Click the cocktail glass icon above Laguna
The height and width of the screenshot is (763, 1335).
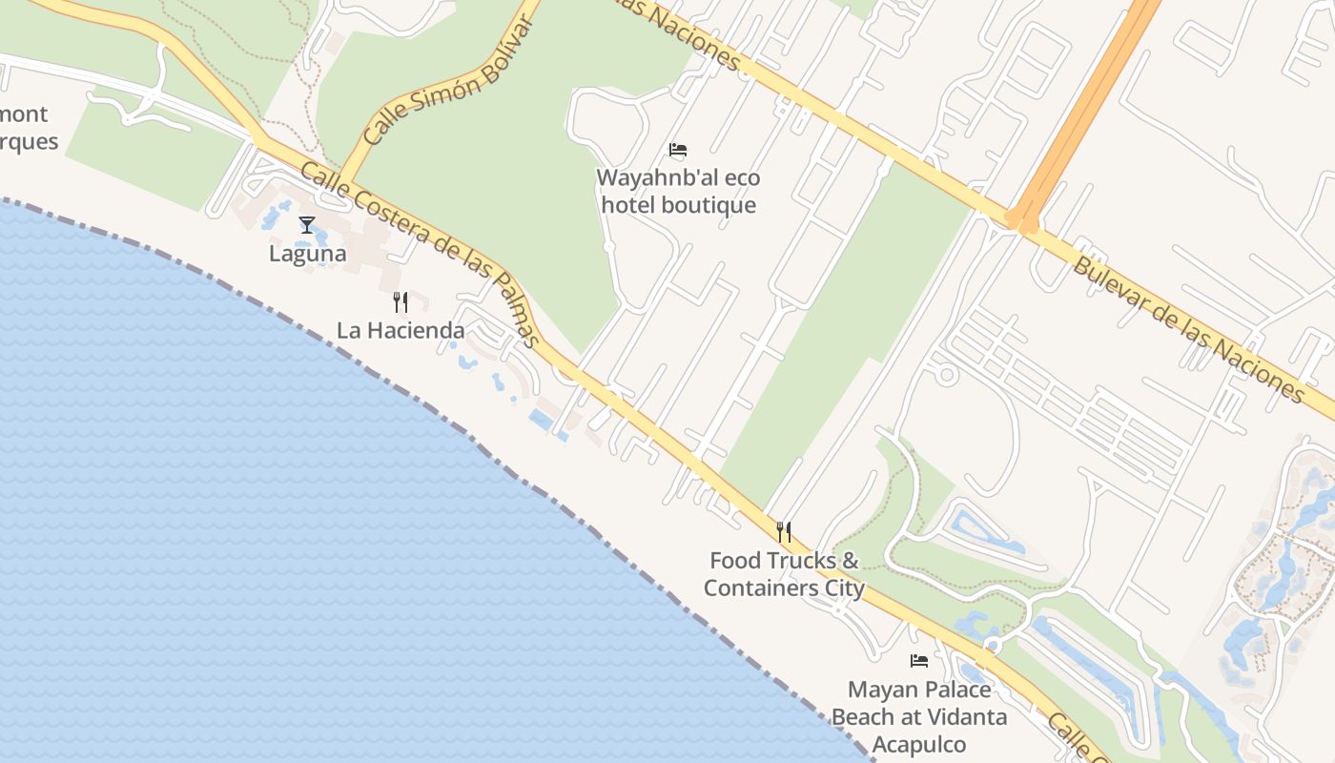307,225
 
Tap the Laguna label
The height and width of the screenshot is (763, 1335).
307,255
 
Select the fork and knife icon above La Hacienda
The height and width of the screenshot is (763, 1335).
400,302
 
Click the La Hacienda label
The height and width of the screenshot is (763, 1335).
400,331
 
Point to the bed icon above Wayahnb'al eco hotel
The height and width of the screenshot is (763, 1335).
678,150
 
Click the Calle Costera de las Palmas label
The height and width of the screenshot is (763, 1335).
421,253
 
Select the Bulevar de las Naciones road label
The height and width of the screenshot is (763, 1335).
1187,328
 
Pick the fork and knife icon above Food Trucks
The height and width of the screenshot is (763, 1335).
784,532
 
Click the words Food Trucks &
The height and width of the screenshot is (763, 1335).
784,561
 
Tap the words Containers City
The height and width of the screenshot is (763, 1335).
784,588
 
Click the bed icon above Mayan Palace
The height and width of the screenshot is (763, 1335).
919,660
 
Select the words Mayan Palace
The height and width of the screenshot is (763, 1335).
919,689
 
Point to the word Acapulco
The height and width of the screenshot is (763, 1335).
919,745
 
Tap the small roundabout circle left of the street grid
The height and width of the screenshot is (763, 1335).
946,374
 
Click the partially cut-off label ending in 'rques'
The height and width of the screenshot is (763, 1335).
29,142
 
